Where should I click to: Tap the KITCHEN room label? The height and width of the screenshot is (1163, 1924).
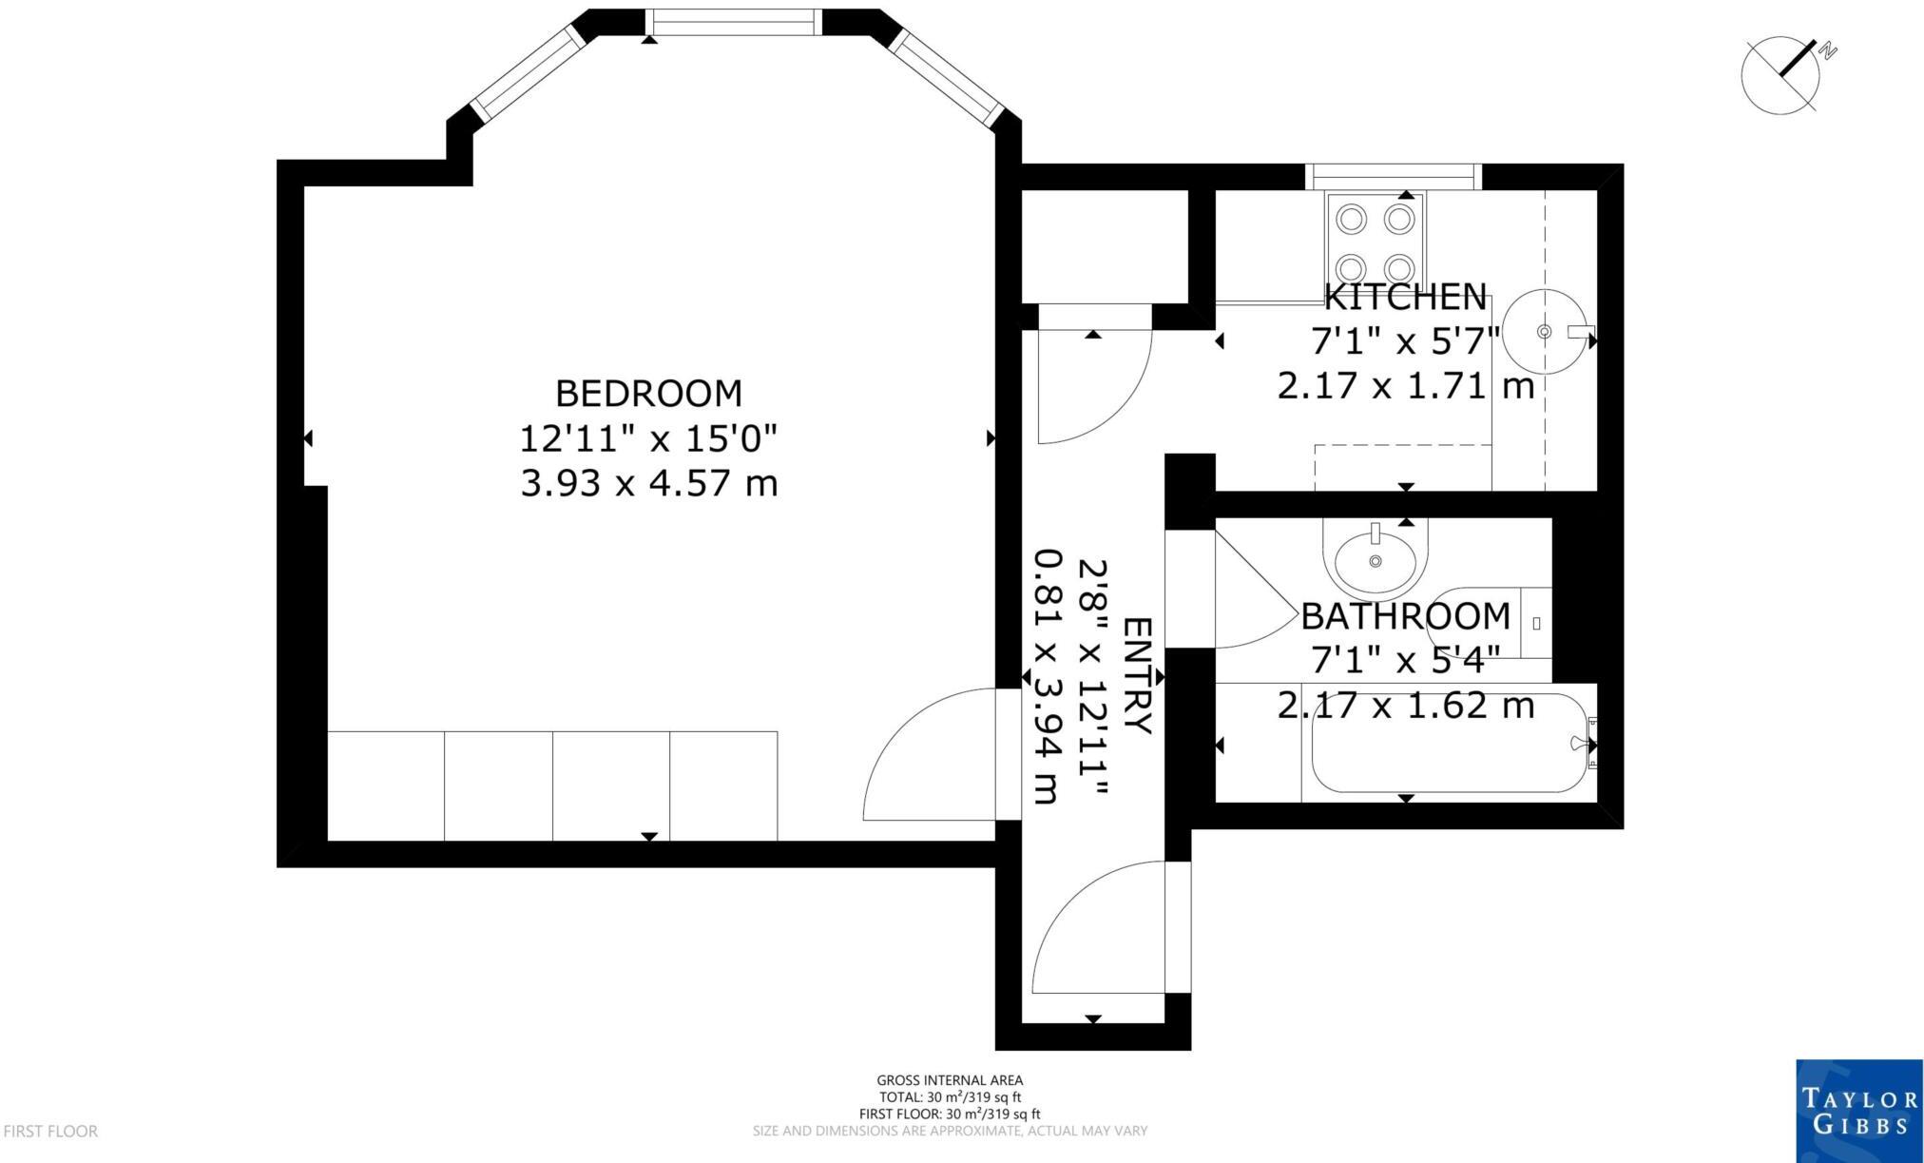coord(1405,298)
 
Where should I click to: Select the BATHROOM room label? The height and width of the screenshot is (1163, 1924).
coord(1405,616)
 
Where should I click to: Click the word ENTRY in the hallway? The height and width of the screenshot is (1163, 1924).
coord(1137,675)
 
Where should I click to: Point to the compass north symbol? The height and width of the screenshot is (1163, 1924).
coord(1781,76)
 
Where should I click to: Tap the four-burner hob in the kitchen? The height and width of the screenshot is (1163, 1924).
coord(1376,242)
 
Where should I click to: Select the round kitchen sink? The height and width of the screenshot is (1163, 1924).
coord(1544,331)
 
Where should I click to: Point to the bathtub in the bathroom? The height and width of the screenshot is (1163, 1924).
coord(1449,744)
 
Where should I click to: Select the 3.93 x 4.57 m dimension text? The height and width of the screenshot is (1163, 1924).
coord(648,484)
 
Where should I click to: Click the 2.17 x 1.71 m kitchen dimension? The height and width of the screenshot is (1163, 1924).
coord(1405,387)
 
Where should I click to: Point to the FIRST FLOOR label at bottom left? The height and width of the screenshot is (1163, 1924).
coord(50,1132)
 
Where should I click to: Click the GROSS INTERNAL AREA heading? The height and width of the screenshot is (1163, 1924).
coord(950,1080)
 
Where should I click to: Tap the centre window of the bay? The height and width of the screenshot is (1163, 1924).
coord(733,23)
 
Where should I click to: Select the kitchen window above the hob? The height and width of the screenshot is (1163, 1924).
coord(1393,176)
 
